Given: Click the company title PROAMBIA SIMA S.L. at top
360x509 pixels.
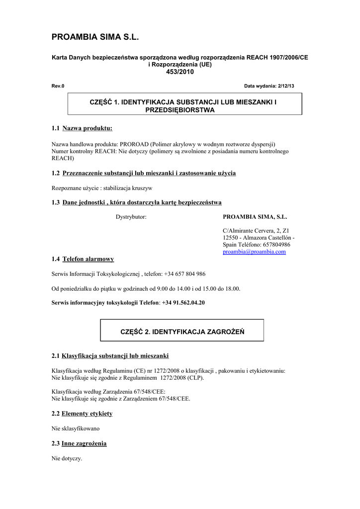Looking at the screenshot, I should [x=95, y=37].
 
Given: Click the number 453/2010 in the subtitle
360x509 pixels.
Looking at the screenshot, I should [x=180, y=72].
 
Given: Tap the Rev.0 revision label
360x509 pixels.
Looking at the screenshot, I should [x=58, y=86].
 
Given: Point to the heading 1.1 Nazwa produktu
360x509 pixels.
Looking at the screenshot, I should [x=82, y=129].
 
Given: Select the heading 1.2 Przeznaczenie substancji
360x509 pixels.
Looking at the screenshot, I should [x=144, y=173].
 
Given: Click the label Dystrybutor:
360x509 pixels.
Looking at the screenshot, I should [x=131, y=217].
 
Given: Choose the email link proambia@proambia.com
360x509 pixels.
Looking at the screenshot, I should [x=254, y=252].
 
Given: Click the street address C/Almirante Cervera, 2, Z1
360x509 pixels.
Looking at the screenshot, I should [x=256, y=231].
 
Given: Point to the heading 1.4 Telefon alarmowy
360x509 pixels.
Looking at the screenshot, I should [x=83, y=259].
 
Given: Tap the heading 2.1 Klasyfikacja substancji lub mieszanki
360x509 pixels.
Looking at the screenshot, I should [x=110, y=356].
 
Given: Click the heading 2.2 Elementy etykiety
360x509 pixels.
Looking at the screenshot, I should [x=82, y=414].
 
